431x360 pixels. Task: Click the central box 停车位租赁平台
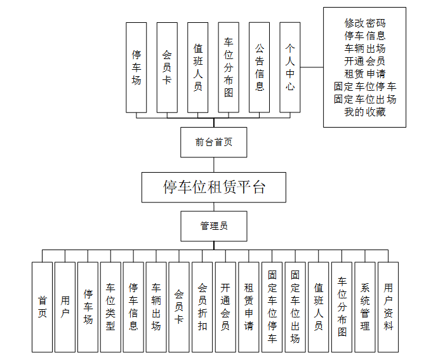pyautogui.click(x=214, y=187)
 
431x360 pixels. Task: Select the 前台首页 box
pyautogui.click(x=214, y=142)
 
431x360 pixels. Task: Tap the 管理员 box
pyautogui.click(x=214, y=225)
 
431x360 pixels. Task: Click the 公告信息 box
pyautogui.click(x=260, y=67)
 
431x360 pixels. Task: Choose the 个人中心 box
pyautogui.click(x=290, y=67)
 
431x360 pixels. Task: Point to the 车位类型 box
pyautogui.click(x=110, y=307)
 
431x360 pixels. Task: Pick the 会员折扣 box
pyautogui.click(x=202, y=307)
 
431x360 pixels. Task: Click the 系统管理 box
pyautogui.click(x=365, y=307)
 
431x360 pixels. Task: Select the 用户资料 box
pyautogui.click(x=388, y=307)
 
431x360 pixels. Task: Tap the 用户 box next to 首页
pyautogui.click(x=65, y=307)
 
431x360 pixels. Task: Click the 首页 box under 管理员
pyautogui.click(x=42, y=307)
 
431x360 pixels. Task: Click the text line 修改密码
pyautogui.click(x=365, y=23)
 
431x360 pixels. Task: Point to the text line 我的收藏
pyautogui.click(x=365, y=112)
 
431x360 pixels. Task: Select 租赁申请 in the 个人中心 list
pyautogui.click(x=365, y=74)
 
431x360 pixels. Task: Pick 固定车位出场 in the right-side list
pyautogui.click(x=365, y=99)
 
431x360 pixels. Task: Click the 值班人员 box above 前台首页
pyautogui.click(x=198, y=67)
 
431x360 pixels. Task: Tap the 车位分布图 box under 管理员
pyautogui.click(x=342, y=307)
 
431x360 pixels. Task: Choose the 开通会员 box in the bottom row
pyautogui.click(x=225, y=307)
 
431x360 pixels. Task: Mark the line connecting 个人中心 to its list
pyautogui.click(x=312, y=67)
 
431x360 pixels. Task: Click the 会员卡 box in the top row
pyautogui.click(x=167, y=67)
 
